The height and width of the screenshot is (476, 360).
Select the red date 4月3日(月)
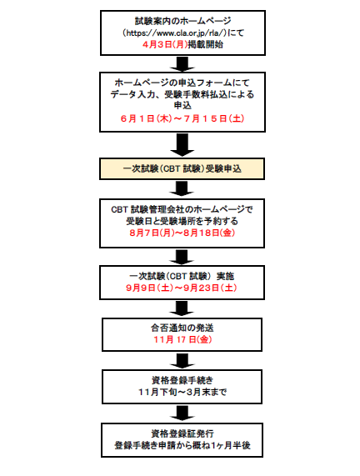[165, 44]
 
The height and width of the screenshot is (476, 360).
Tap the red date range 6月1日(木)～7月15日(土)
[182, 118]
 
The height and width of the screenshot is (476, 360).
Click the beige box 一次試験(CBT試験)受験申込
[182, 168]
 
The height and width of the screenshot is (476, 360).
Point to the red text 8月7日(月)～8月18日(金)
[182, 233]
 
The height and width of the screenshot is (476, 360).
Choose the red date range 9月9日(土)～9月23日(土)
[182, 288]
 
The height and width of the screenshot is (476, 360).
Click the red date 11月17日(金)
[182, 339]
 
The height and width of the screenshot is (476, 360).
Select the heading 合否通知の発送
[182, 328]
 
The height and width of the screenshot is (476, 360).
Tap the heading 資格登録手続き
[182, 380]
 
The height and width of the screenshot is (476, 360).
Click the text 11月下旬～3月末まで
[182, 392]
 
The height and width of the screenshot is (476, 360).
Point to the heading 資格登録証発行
[182, 433]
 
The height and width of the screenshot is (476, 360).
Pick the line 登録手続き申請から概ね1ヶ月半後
[182, 445]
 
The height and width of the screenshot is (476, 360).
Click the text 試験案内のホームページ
[183, 21]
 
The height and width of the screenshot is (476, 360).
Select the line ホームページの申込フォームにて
[182, 83]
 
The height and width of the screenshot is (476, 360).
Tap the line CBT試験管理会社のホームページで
[182, 209]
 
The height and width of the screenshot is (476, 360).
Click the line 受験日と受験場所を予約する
[182, 221]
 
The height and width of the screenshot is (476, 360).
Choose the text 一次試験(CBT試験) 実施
[182, 276]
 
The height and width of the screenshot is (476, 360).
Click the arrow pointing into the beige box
[182, 145]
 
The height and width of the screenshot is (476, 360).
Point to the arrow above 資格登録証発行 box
[182, 413]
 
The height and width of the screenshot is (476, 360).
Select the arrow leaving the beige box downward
[182, 188]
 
